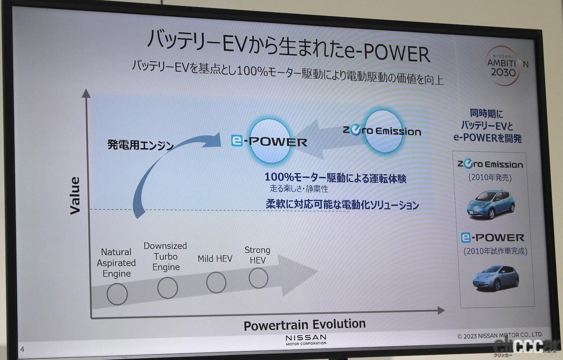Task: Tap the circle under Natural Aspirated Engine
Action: tap(117, 294)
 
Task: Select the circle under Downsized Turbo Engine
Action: tap(168, 288)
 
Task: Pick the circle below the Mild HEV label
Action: tap(216, 282)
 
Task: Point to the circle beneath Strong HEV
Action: tap(258, 278)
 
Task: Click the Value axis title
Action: tap(75, 195)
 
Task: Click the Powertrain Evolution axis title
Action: tap(304, 325)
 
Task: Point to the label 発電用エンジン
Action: tap(140, 145)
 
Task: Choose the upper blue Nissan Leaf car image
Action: tap(490, 204)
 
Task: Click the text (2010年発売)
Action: tap(490, 178)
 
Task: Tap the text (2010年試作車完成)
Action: tap(495, 251)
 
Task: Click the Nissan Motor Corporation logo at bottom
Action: tap(306, 339)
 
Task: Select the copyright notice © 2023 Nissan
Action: tap(500, 335)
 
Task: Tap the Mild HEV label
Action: tap(215, 258)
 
